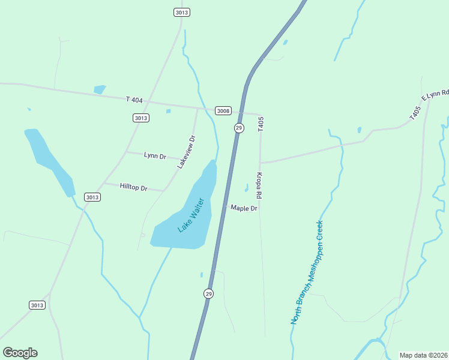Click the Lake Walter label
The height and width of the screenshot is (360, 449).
click(x=191, y=215)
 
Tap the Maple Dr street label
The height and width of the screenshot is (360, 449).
click(x=244, y=208)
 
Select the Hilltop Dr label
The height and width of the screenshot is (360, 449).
click(x=133, y=187)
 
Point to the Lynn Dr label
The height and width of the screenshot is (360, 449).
click(x=155, y=156)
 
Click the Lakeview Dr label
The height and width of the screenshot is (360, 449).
click(x=187, y=151)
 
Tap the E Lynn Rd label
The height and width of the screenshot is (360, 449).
click(x=435, y=95)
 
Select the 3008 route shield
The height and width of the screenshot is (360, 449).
click(x=223, y=110)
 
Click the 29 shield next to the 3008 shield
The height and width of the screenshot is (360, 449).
click(x=239, y=128)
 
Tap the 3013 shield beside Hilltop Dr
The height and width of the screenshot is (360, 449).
click(x=92, y=197)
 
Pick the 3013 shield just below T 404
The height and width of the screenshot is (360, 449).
click(x=140, y=118)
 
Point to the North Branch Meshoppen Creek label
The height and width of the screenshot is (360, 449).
click(x=307, y=273)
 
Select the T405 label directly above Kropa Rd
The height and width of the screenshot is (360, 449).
click(x=261, y=124)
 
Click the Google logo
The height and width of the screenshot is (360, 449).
click(x=20, y=353)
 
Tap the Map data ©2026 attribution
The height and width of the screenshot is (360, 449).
click(x=423, y=355)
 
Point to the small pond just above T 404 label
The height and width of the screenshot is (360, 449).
click(x=100, y=89)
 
